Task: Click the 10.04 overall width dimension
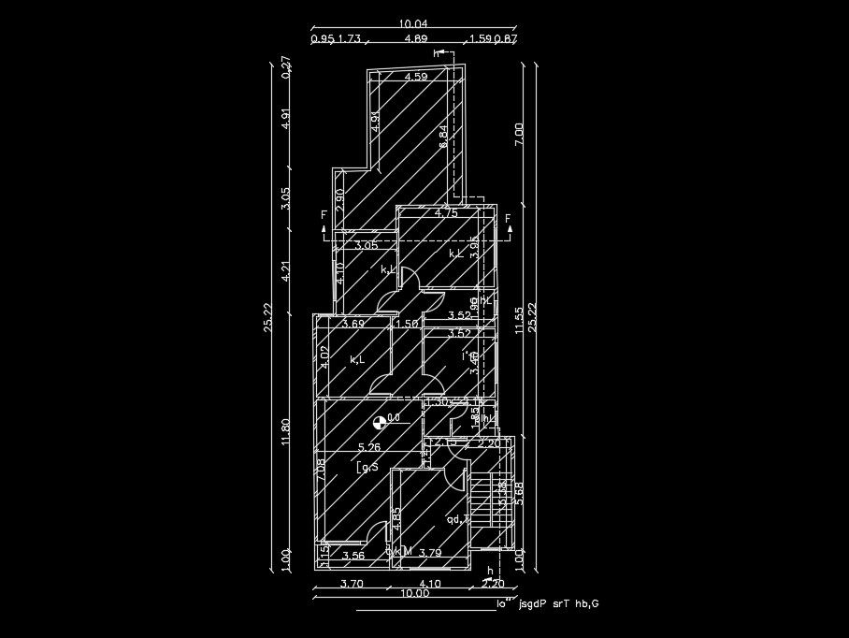click(x=412, y=23)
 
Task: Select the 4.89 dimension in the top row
click(x=416, y=39)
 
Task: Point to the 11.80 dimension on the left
click(x=286, y=429)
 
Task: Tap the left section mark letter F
click(x=324, y=216)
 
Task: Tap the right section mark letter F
click(x=509, y=219)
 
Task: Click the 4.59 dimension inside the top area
click(x=416, y=77)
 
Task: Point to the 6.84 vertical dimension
click(x=444, y=136)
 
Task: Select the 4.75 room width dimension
click(x=446, y=213)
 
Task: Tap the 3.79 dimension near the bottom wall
click(x=430, y=553)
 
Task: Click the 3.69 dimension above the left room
click(x=353, y=324)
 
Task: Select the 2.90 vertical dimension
click(x=340, y=199)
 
